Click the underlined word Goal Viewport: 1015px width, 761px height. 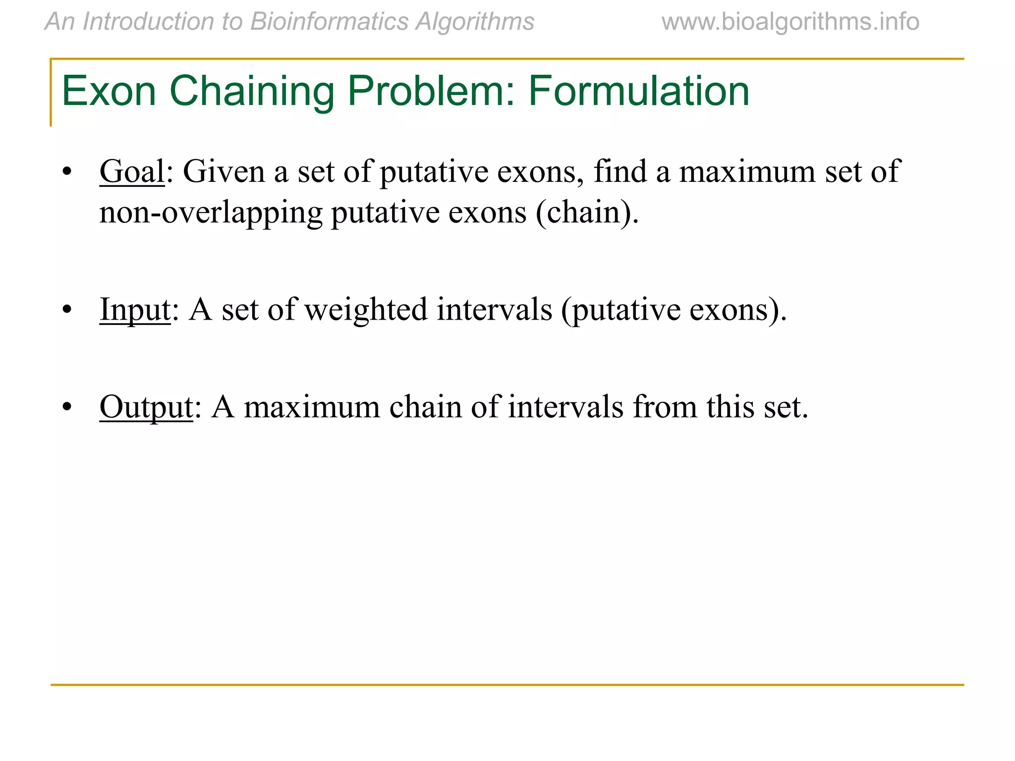click(x=132, y=172)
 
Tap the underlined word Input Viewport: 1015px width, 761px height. click(x=135, y=310)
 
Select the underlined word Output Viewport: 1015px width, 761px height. click(x=146, y=407)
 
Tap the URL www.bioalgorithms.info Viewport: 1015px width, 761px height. click(x=790, y=22)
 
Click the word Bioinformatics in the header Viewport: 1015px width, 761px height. click(x=329, y=22)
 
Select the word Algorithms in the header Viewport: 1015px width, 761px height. click(x=475, y=22)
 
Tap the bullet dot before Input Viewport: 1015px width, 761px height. click(x=67, y=310)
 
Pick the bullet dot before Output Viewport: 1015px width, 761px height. click(x=67, y=408)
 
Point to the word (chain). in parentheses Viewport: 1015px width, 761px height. click(x=587, y=213)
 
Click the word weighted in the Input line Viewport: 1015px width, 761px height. click(x=366, y=310)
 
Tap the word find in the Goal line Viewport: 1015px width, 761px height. click(x=620, y=172)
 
